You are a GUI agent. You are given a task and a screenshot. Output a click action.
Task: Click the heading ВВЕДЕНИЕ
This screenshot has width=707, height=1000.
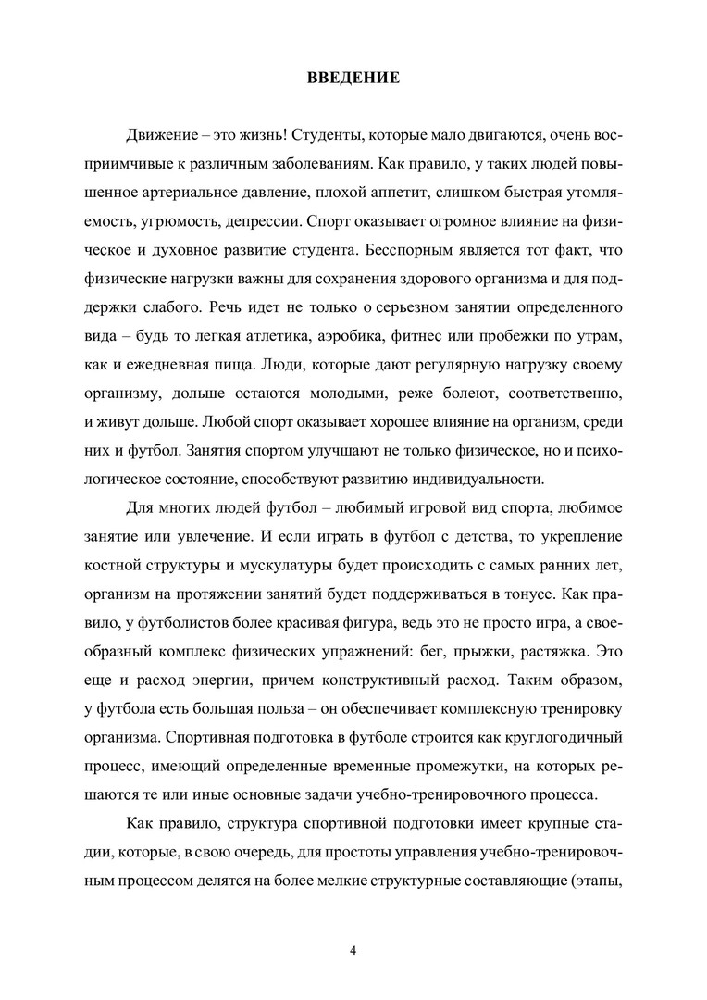point(353,78)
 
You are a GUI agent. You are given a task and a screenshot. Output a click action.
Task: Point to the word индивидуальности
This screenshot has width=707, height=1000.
point(478,479)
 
